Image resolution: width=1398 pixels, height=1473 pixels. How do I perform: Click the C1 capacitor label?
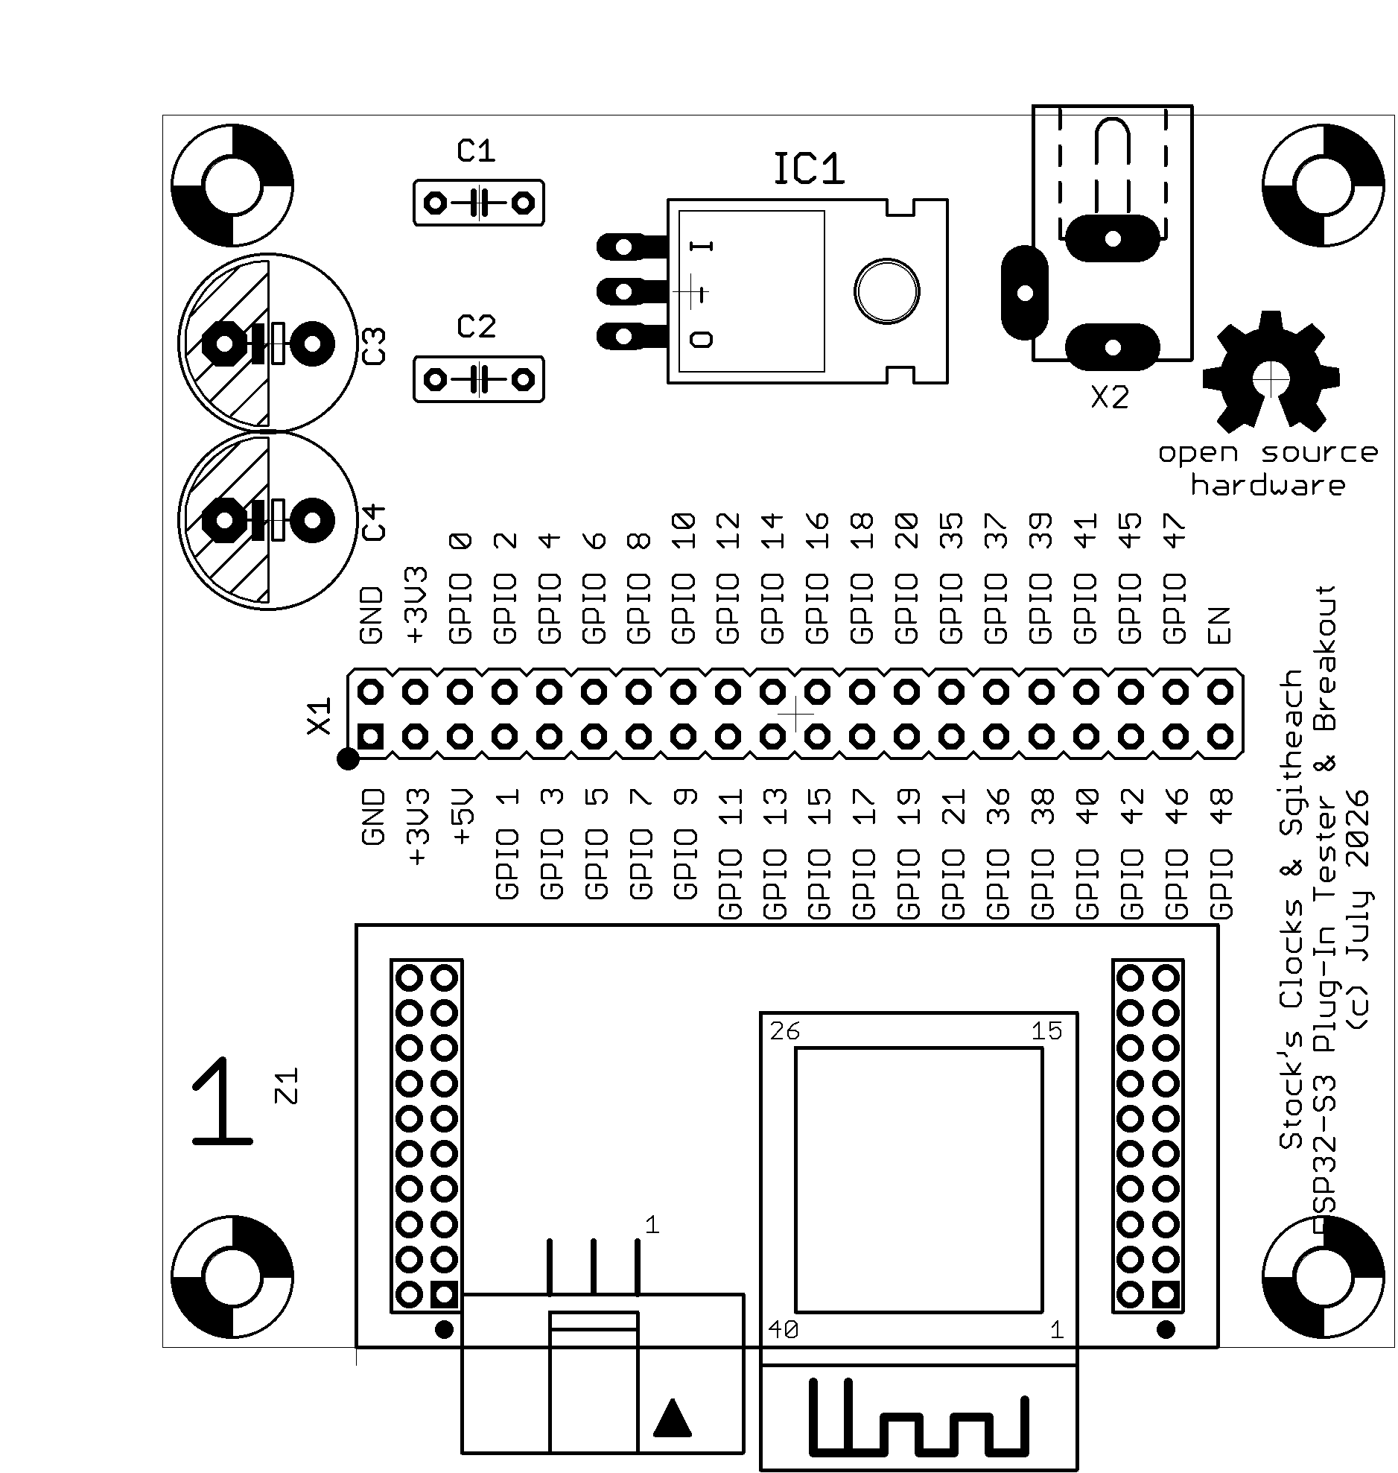click(476, 151)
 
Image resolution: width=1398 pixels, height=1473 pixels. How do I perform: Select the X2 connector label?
click(1110, 398)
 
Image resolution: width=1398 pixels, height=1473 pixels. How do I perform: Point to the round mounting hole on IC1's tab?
click(887, 291)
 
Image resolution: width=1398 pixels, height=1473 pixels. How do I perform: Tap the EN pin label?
click(1219, 625)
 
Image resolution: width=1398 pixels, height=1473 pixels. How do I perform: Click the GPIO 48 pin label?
click(1221, 855)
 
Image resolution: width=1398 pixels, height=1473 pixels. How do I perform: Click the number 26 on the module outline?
click(785, 1032)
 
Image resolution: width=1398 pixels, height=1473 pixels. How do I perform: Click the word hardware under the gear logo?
click(1268, 485)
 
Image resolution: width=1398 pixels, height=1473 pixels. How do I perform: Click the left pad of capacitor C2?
click(435, 380)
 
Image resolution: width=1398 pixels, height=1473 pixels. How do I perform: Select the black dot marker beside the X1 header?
click(348, 760)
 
